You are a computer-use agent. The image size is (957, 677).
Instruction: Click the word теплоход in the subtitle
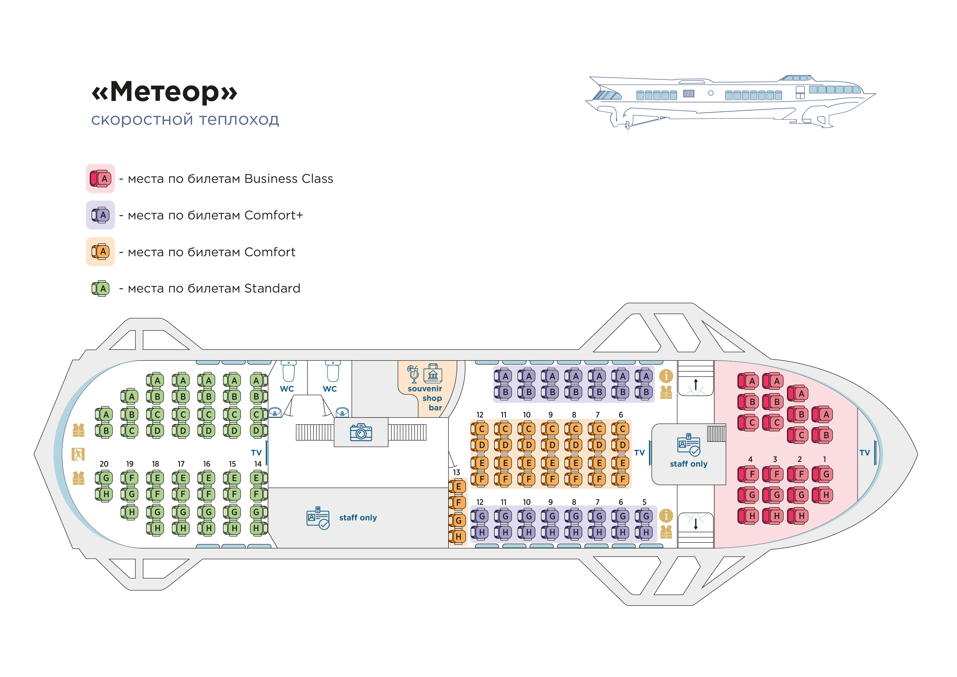(239, 120)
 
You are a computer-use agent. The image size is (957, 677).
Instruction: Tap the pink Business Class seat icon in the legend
(100, 178)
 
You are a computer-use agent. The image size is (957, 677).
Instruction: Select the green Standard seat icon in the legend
(100, 288)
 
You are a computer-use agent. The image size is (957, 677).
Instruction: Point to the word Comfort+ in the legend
(273, 215)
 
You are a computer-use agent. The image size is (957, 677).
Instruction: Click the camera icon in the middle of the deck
(361, 432)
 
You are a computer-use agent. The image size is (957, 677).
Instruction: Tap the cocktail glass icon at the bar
(413, 374)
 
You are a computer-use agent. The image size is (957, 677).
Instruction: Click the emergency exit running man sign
(78, 454)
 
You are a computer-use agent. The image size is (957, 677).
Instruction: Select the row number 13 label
(456, 472)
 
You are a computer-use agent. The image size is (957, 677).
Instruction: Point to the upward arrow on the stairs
(696, 384)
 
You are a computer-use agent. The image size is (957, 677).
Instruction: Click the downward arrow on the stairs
(696, 524)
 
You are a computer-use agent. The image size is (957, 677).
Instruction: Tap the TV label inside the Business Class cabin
(865, 453)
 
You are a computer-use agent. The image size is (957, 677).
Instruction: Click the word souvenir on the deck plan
(425, 389)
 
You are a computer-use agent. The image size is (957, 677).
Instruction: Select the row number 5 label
(644, 502)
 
